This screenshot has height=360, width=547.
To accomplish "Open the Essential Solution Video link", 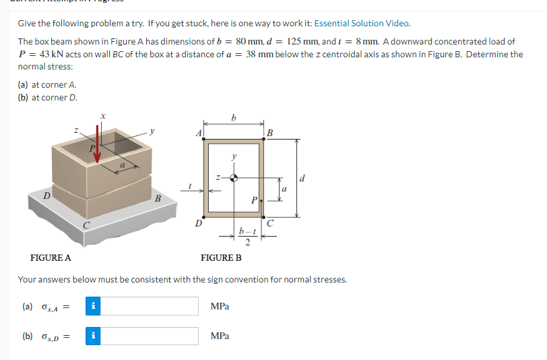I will tap(362, 23).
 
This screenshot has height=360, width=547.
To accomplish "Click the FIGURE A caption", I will tap(51, 258).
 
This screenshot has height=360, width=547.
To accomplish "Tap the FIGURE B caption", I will tap(221, 258).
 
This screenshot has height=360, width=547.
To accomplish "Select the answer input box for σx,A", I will tap(150, 306).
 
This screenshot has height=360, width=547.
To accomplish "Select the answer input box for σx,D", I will tap(150, 336).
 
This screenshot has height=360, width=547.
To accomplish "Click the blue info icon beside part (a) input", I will tap(94, 306).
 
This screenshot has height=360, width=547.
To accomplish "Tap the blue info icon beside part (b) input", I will tap(94, 336).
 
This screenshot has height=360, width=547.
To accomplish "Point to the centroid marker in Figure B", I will tap(234, 179).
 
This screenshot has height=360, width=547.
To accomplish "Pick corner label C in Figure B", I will tap(270, 223).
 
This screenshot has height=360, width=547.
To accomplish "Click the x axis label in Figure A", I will tap(102, 116).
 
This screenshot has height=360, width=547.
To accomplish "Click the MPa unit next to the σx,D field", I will tap(220, 336).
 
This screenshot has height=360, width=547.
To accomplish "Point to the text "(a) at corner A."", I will tap(47, 85).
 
